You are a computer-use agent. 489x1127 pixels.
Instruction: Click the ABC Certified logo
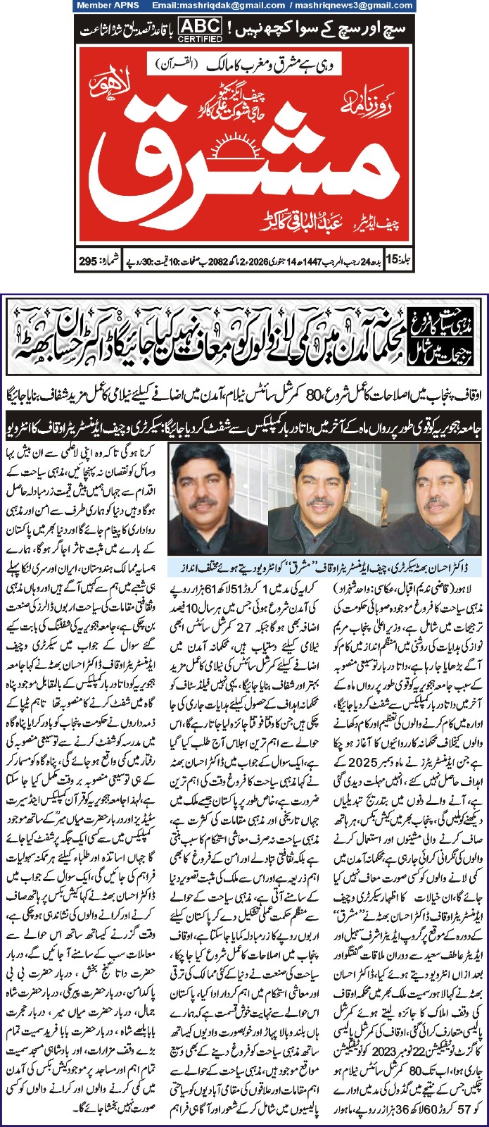click(x=199, y=28)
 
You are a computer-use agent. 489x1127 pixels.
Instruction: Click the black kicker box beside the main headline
click(x=460, y=337)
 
